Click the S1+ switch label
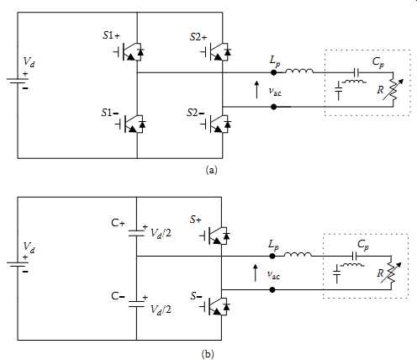pyautogui.click(x=111, y=36)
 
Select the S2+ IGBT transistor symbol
pyautogui.click(x=216, y=52)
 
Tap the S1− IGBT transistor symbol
pyautogui.click(x=130, y=124)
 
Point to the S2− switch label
pyautogui.click(x=196, y=113)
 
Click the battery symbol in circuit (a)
pyautogui.click(x=18, y=82)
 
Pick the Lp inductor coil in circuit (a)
pyautogui.click(x=299, y=71)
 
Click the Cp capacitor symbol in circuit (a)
pyautogui.click(x=356, y=72)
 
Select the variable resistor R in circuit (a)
pyautogui.click(x=393, y=89)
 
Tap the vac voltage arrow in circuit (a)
pyautogui.click(x=256, y=90)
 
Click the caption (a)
pyautogui.click(x=211, y=170)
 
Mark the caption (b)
pyautogui.click(x=208, y=354)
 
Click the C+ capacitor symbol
pyautogui.click(x=137, y=233)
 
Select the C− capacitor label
pyautogui.click(x=118, y=296)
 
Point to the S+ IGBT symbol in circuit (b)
pyautogui.click(x=214, y=236)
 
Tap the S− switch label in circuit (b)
pyautogui.click(x=196, y=296)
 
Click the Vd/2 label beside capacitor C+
pyautogui.click(x=161, y=233)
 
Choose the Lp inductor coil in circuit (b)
pyautogui.click(x=298, y=254)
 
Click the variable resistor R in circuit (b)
pyautogui.click(x=391, y=273)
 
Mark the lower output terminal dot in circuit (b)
pyautogui.click(x=272, y=289)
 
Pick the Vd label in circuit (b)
pyautogui.click(x=29, y=246)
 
